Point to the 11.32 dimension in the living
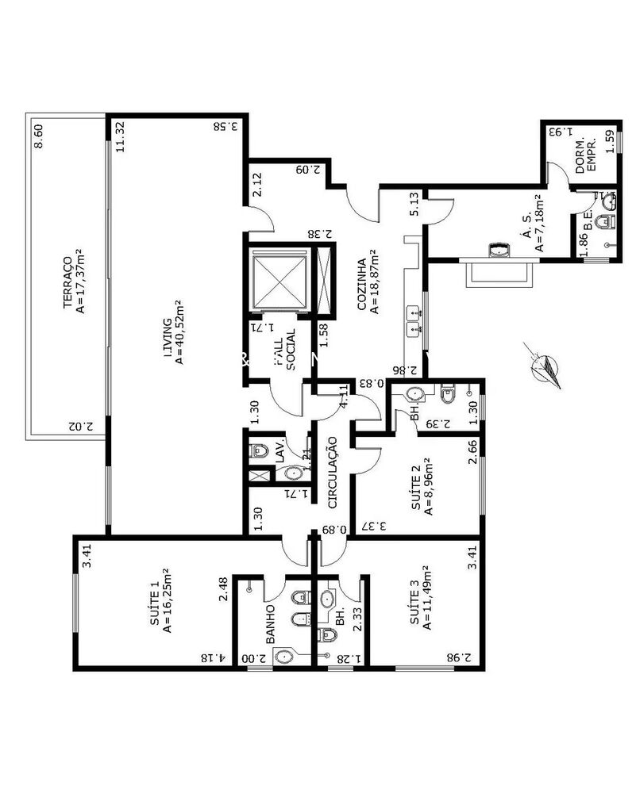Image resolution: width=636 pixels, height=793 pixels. click(119, 136)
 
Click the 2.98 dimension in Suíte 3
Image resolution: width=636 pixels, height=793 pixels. click(464, 657)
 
